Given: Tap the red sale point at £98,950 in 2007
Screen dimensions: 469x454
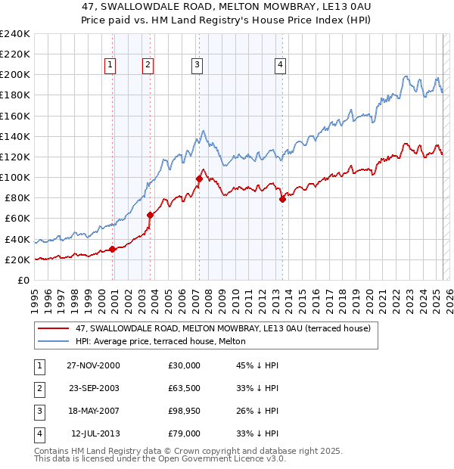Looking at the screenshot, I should click(199, 179).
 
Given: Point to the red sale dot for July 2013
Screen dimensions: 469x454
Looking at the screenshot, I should click(282, 199).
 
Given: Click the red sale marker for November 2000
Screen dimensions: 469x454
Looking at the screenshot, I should click(113, 249).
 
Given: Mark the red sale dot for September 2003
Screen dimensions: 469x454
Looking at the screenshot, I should click(151, 215).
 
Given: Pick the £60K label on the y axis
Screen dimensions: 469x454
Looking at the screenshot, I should click(17, 219).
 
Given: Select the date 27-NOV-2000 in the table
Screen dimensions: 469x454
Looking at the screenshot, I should click(93, 365).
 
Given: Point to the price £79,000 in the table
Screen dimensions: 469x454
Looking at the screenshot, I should click(185, 434).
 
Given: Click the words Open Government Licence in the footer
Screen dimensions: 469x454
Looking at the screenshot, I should click(216, 458).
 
